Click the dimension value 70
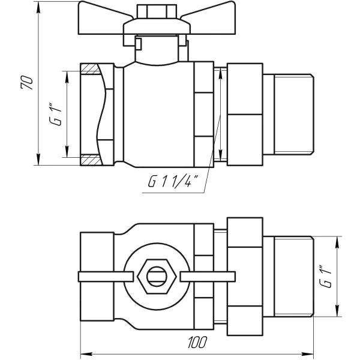pyautogui.click(x=26, y=83)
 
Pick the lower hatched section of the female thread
pyautogui.click(x=90, y=161)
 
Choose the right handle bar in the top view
pyautogui.click(x=208, y=277)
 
